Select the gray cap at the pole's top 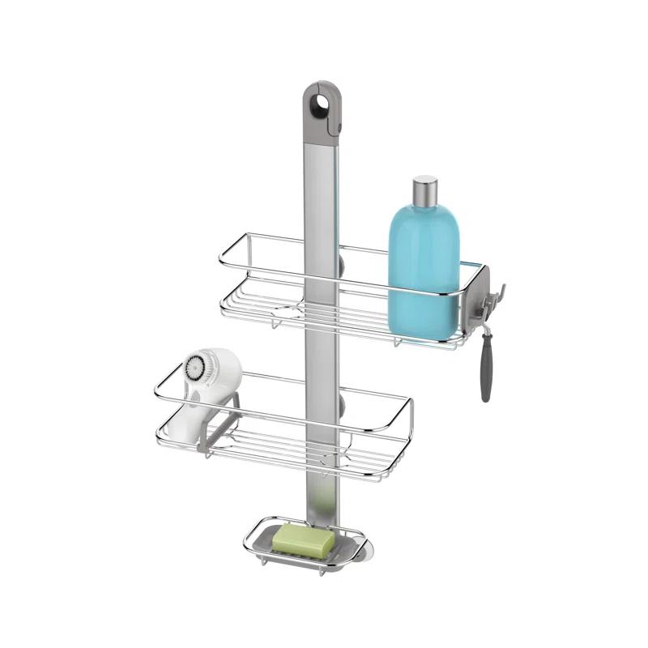click(x=322, y=109)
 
